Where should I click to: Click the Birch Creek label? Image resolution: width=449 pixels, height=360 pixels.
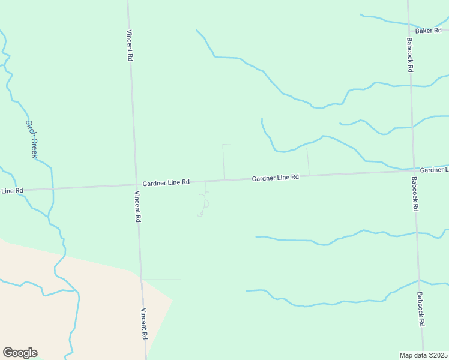32,139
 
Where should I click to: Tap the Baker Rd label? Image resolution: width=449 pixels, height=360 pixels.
429,30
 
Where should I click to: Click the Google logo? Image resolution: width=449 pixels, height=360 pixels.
20,353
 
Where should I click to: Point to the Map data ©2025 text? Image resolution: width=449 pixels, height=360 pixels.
424,355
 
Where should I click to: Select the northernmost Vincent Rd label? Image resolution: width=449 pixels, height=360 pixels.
130,46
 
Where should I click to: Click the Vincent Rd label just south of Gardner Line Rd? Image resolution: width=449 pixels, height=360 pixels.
137,206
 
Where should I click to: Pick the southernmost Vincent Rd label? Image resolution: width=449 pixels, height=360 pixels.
144,324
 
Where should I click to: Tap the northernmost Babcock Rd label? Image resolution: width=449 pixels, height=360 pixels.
409,55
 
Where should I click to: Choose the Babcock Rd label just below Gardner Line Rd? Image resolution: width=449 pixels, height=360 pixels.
415,193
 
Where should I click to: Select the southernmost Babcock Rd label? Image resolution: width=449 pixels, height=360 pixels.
421,310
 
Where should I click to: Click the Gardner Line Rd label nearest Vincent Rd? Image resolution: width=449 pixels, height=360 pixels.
166,182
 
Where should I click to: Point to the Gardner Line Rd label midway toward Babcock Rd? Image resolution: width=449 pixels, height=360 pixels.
275,178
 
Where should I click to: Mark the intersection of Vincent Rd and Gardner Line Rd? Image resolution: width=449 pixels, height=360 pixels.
136,184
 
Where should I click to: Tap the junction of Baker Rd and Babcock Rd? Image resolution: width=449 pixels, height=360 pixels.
409,31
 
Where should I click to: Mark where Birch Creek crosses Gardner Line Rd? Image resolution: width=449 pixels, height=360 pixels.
52,188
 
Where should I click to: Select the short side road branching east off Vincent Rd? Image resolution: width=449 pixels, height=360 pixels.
161,280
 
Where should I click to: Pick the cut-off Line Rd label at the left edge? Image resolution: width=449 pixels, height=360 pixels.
11,191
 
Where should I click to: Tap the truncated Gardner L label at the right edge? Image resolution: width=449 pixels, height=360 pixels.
434,170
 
